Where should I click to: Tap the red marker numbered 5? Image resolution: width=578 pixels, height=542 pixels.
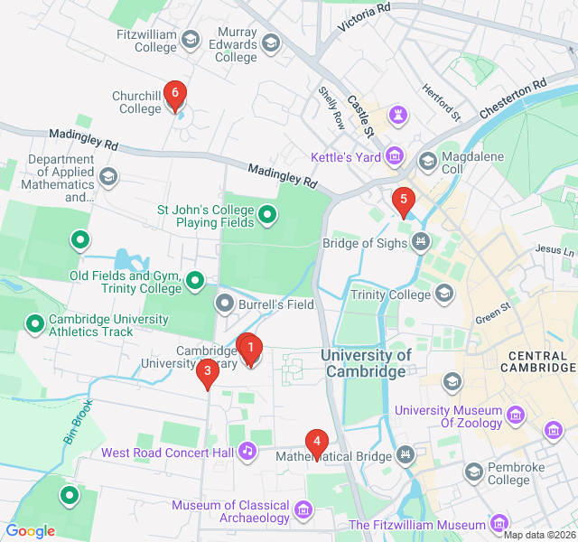tap(403, 200)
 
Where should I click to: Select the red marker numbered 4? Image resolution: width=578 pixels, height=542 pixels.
tap(316, 443)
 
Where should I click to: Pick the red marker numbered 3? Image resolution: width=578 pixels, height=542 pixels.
tap(208, 371)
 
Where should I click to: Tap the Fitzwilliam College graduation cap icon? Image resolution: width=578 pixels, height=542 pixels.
tap(190, 39)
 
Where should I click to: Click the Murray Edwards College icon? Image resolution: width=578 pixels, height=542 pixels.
tap(270, 42)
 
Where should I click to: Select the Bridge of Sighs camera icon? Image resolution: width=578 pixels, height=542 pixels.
tap(419, 241)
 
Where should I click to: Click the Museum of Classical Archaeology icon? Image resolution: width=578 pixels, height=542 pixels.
tap(303, 512)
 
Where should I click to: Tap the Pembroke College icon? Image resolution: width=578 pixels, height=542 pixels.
tap(472, 472)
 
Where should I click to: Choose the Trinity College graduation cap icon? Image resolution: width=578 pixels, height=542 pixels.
tap(443, 293)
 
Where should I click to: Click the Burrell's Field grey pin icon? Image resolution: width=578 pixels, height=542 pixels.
tap(224, 304)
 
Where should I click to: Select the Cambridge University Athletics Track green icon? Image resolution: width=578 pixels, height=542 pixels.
tap(35, 322)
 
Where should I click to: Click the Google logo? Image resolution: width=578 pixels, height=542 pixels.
tap(30, 531)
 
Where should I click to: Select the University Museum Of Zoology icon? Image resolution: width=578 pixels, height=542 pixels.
tap(516, 415)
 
